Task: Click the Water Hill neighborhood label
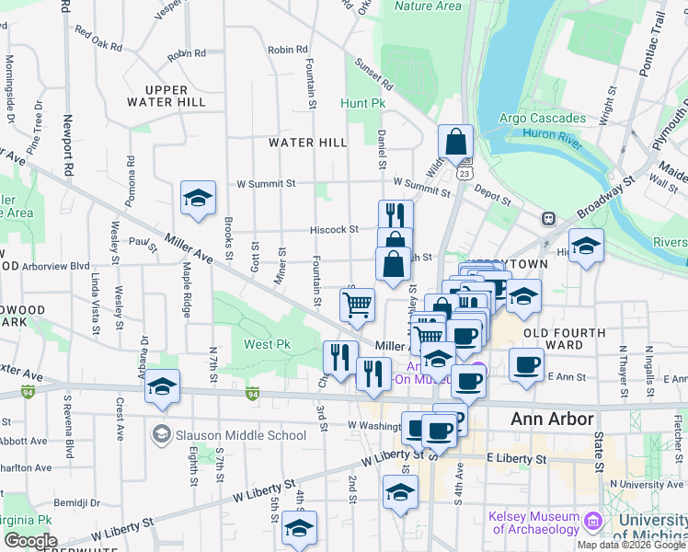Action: (307, 143)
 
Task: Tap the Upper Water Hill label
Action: (168, 96)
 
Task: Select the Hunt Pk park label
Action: (362, 104)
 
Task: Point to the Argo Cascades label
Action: (542, 118)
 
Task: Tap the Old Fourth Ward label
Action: (565, 339)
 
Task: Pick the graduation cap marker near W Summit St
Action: (198, 198)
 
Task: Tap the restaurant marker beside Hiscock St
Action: (396, 216)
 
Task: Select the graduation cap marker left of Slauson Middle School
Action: (163, 387)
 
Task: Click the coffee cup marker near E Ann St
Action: (526, 364)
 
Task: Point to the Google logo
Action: (30, 541)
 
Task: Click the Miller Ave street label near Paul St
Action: (189, 249)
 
